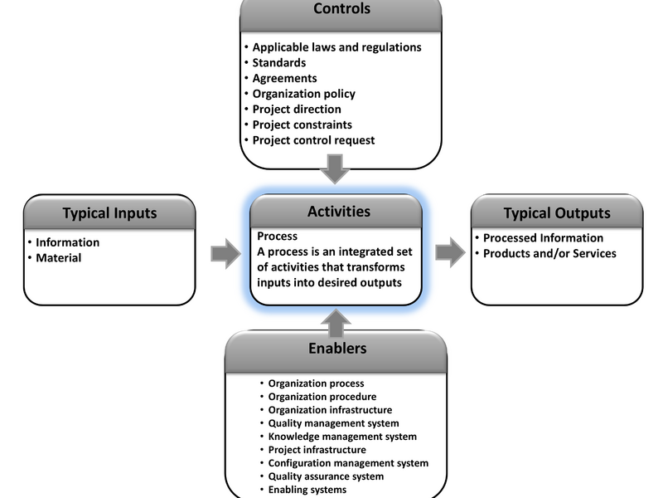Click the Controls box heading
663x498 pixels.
point(341,10)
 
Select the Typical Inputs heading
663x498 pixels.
point(109,213)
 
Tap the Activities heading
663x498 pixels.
point(339,212)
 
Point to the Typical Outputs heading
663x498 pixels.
point(557,213)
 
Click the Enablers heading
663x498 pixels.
point(338,348)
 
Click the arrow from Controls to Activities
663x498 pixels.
point(336,168)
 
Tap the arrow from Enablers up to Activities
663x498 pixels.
point(336,321)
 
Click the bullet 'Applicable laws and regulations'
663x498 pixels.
point(336,47)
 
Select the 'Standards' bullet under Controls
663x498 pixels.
point(279,63)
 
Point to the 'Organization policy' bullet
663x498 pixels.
point(303,94)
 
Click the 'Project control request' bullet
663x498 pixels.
point(313,140)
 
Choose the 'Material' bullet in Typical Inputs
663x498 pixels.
point(58,258)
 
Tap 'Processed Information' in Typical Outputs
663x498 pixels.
point(543,238)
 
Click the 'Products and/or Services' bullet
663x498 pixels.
point(549,253)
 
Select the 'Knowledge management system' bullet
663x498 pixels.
point(342,437)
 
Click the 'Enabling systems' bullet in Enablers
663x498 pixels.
point(307,490)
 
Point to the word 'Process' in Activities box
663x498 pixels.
point(277,237)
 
